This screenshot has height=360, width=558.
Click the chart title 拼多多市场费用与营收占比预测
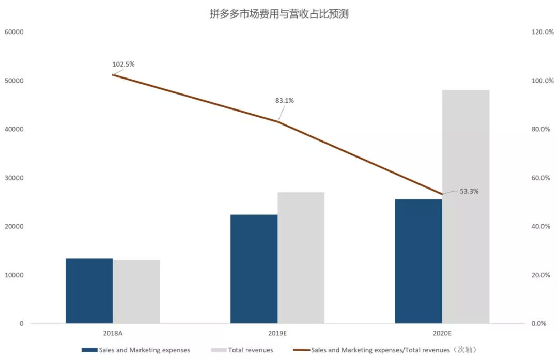(x=279, y=14)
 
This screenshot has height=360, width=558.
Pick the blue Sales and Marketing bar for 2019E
(x=254, y=269)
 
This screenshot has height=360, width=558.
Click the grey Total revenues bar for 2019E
(x=301, y=258)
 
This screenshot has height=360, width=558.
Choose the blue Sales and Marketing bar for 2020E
(x=419, y=261)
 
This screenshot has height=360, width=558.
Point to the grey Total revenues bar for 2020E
(x=466, y=207)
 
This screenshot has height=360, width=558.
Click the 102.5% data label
(x=123, y=64)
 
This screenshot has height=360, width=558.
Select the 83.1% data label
(x=284, y=101)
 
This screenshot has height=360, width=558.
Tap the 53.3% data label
(x=469, y=191)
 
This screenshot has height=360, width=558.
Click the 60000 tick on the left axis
(x=14, y=32)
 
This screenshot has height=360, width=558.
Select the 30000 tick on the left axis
(x=14, y=178)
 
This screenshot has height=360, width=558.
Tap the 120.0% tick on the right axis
(x=542, y=32)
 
